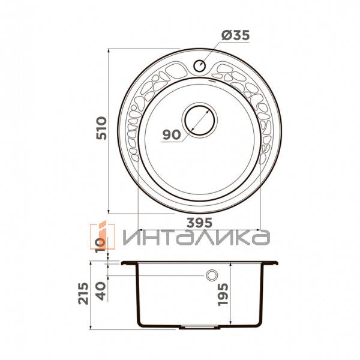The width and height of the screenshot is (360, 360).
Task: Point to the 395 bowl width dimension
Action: (x=202, y=222)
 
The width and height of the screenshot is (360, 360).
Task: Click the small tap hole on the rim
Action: (x=200, y=65)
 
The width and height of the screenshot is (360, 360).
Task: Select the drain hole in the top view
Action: (x=199, y=119)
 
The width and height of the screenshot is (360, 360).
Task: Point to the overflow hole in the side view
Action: (x=211, y=276)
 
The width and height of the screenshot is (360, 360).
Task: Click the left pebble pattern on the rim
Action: (x=139, y=102)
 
